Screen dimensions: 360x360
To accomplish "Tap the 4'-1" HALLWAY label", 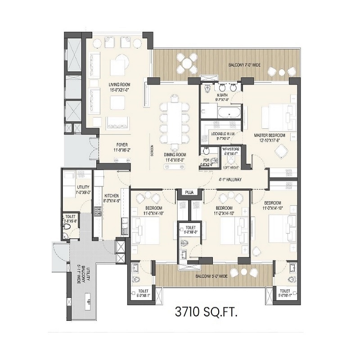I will click(229, 180).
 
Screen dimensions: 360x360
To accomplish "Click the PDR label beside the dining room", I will click(207, 160).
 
